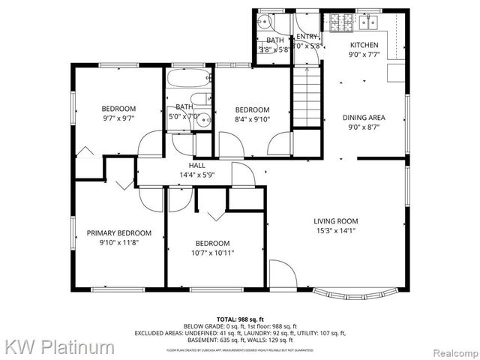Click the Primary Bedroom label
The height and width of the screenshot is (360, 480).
118,232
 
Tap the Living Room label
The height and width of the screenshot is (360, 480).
335,221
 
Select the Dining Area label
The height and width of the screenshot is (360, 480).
364,118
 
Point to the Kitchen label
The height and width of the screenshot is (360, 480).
364,45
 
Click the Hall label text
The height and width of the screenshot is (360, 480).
197,166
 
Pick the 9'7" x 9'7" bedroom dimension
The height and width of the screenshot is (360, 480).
118,118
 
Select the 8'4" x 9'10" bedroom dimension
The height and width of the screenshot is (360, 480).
252,118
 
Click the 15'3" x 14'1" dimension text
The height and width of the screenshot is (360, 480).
335,231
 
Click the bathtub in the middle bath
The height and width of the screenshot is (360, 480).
188,79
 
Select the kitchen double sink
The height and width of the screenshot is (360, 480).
367,22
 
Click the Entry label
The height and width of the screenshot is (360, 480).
307,36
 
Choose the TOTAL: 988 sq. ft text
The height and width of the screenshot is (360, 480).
239,319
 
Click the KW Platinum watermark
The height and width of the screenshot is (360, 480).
60,347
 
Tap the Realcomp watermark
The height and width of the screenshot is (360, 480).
453,349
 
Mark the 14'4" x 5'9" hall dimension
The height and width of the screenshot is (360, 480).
197,175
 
